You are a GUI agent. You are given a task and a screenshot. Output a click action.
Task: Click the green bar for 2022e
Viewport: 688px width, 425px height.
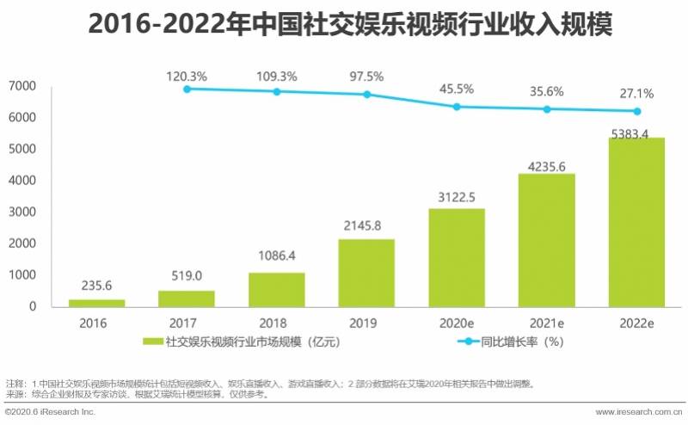tap(636, 222)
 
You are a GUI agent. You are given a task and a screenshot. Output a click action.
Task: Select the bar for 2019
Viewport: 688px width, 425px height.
tap(366, 273)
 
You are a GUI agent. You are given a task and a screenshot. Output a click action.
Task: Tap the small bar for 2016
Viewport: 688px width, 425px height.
tap(96, 303)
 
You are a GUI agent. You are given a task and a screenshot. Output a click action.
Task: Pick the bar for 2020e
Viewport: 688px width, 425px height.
tap(456, 257)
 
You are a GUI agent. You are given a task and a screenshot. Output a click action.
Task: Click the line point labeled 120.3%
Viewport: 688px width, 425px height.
tap(187, 89)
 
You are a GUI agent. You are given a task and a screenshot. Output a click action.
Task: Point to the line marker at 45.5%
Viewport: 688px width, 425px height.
tap(457, 107)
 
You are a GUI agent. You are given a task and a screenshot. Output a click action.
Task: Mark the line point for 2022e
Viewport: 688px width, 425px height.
tap(637, 111)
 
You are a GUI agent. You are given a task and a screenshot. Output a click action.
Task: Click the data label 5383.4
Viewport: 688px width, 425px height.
tap(636, 131)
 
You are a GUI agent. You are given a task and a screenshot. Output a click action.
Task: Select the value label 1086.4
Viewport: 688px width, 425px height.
tap(276, 256)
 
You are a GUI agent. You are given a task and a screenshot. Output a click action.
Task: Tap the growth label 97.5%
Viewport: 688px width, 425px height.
tap(366, 76)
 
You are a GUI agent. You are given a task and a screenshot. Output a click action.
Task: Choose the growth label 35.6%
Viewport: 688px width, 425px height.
tap(547, 91)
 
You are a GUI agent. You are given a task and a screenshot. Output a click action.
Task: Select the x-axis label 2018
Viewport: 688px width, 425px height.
tap(276, 323)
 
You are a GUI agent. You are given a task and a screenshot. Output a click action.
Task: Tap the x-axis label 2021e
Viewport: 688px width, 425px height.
tap(547, 323)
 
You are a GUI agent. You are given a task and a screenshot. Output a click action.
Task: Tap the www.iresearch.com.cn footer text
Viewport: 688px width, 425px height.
tap(636, 413)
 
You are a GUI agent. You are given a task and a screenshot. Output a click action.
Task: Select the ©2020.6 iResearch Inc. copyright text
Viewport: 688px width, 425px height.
tap(50, 413)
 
